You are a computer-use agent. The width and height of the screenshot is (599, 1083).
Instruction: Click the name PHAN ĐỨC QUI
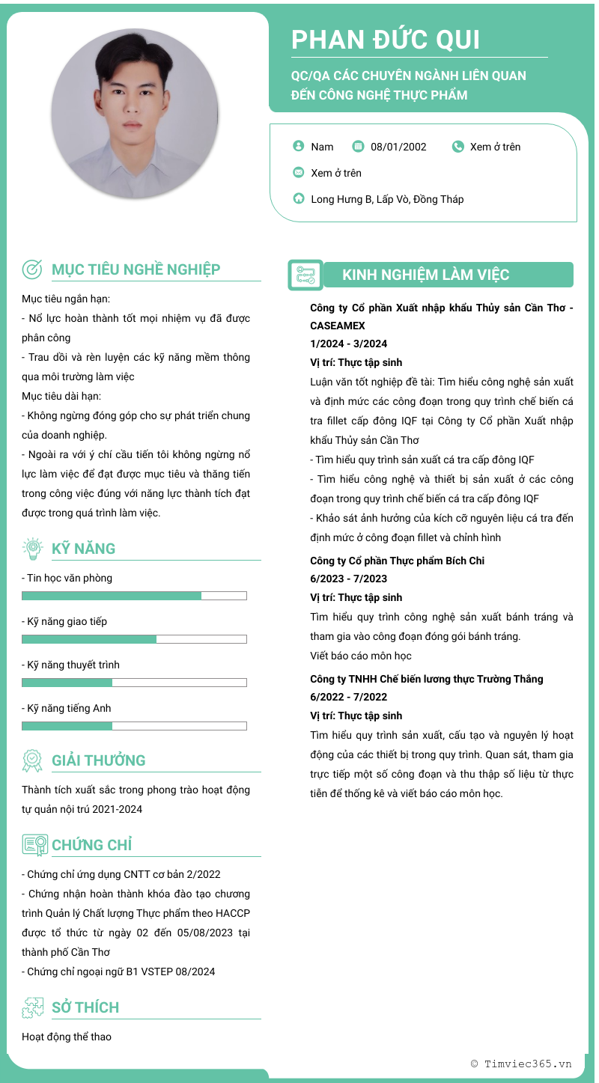pyautogui.click(x=386, y=40)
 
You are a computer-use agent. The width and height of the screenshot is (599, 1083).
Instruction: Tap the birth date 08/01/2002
pyautogui.click(x=398, y=147)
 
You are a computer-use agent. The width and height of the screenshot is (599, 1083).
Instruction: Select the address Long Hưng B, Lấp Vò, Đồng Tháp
pyautogui.click(x=387, y=199)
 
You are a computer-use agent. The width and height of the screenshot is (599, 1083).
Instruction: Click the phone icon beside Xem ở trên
pyautogui.click(x=458, y=147)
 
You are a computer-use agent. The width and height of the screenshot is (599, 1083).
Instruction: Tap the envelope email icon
pyautogui.click(x=299, y=173)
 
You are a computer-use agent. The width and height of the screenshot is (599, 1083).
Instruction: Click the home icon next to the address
pyautogui.click(x=299, y=199)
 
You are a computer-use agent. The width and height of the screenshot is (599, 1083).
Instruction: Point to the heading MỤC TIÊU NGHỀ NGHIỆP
pyautogui.click(x=136, y=269)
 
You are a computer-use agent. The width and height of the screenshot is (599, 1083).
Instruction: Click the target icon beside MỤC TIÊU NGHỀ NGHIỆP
pyautogui.click(x=32, y=269)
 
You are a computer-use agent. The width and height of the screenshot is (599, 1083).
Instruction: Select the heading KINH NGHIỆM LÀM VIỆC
pyautogui.click(x=425, y=275)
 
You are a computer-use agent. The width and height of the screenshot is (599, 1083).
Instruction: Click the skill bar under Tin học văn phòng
pyautogui.click(x=134, y=596)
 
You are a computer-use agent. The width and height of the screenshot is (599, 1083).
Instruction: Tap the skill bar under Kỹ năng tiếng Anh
pyautogui.click(x=134, y=726)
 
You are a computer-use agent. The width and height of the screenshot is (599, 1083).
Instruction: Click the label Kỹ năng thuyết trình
pyautogui.click(x=70, y=665)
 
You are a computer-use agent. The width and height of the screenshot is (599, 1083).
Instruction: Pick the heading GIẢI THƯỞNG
pyautogui.click(x=98, y=760)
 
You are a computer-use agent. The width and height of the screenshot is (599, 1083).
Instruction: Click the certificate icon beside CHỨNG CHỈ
pyautogui.click(x=34, y=845)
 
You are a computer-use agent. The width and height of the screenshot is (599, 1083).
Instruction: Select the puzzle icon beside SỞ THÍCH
pyautogui.click(x=32, y=1007)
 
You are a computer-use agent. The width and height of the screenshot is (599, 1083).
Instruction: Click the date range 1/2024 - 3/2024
pyautogui.click(x=348, y=344)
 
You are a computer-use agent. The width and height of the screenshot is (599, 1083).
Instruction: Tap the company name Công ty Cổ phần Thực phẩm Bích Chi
pyautogui.click(x=397, y=561)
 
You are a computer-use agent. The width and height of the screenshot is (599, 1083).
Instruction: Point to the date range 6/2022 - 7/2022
pyautogui.click(x=348, y=697)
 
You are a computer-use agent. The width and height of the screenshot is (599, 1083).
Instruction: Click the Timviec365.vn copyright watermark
pyautogui.click(x=521, y=1064)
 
